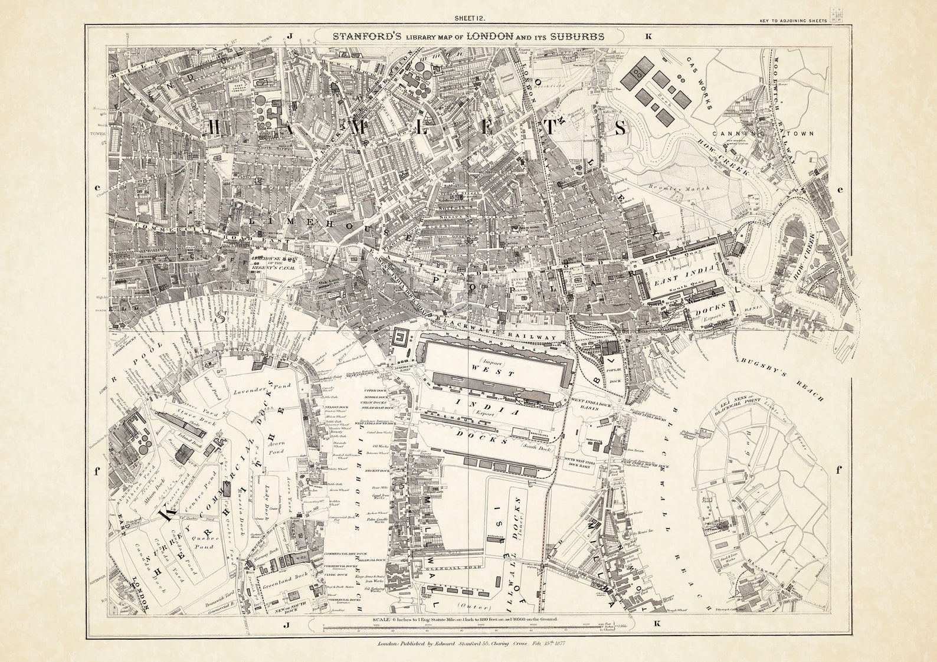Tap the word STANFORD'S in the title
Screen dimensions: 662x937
pos(368,36)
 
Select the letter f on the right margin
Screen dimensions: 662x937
pos(838,470)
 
